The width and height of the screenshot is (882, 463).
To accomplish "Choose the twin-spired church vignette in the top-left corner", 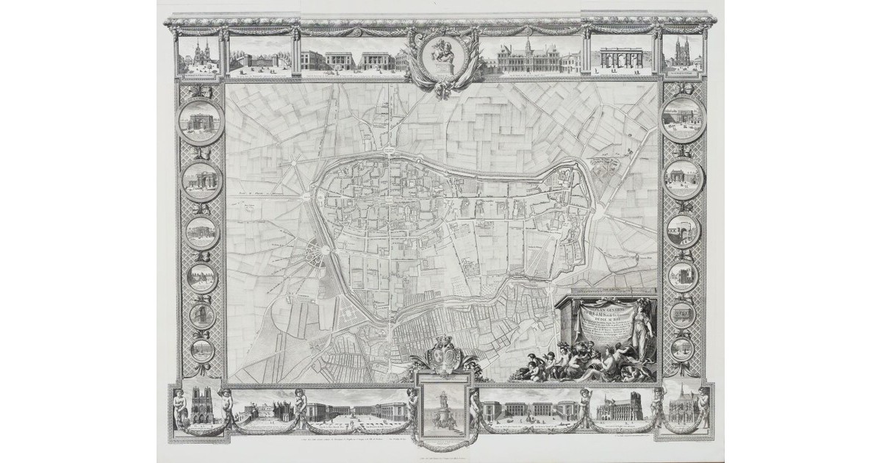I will [x=199, y=56].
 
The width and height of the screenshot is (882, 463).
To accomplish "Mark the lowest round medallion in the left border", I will [x=202, y=349].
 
